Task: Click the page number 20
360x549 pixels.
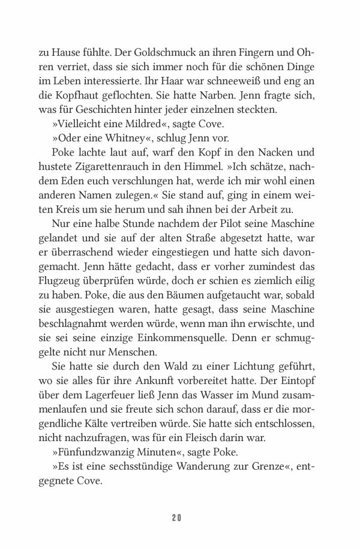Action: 180,517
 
